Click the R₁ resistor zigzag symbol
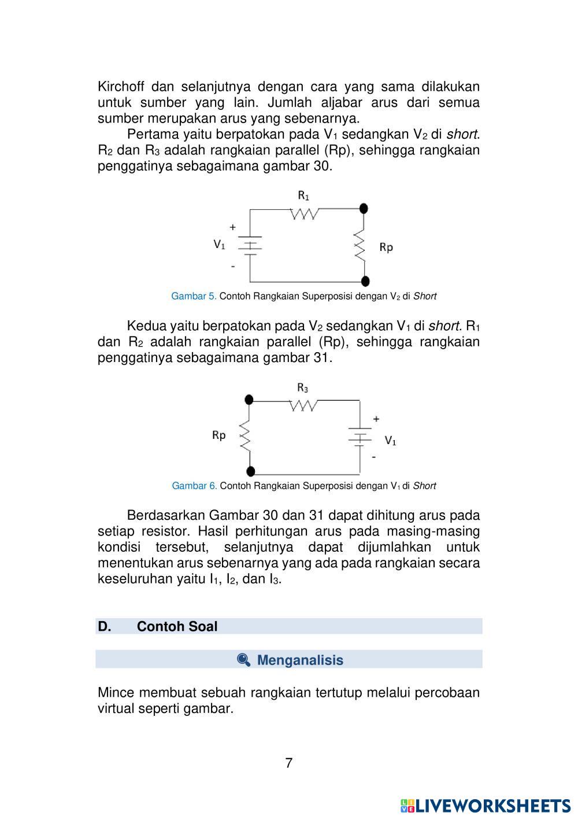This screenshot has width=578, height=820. click(x=303, y=214)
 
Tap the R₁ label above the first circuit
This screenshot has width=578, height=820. click(x=303, y=195)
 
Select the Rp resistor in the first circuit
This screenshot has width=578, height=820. click(x=360, y=245)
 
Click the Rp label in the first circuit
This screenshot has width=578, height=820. click(x=386, y=248)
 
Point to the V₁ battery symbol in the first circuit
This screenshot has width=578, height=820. click(x=250, y=245)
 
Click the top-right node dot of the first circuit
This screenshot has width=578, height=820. click(x=364, y=208)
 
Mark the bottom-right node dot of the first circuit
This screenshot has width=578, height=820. click(x=365, y=281)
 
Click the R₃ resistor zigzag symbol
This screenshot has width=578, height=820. click(x=303, y=405)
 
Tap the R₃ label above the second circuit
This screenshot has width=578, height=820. click(x=303, y=387)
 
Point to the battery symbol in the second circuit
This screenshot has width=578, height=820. click(x=360, y=437)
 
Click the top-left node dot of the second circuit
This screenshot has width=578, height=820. click(x=249, y=399)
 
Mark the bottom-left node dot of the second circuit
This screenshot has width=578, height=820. click(x=250, y=471)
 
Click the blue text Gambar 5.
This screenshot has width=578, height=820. click(x=194, y=296)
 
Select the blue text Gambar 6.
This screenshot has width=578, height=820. click(x=194, y=486)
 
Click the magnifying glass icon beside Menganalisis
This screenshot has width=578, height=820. click(x=243, y=660)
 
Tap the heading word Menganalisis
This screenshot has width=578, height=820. click(x=300, y=660)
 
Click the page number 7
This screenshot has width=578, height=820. click(x=289, y=763)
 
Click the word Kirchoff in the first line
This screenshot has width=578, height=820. click(x=121, y=87)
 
